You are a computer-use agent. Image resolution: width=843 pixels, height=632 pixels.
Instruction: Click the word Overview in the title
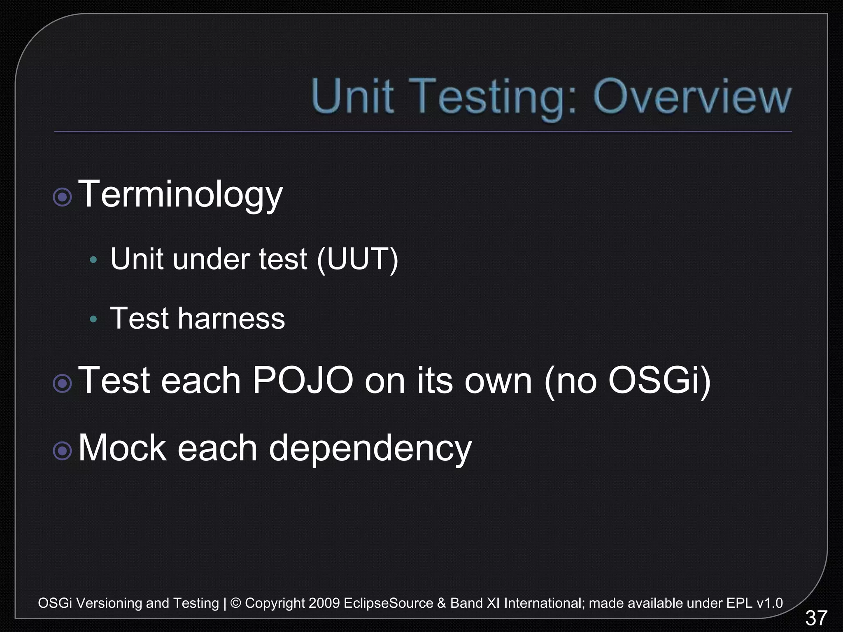[692, 97]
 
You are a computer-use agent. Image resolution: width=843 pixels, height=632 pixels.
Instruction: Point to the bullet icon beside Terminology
[63, 197]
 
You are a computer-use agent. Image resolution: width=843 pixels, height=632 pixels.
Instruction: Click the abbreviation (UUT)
[357, 259]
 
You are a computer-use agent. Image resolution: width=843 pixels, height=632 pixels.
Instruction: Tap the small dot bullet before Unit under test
[93, 260]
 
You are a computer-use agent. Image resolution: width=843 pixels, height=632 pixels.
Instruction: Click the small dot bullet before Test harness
[93, 319]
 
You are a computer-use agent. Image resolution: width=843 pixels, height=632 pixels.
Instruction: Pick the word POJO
[303, 381]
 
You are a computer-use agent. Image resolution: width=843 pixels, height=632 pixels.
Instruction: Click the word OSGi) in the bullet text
[659, 381]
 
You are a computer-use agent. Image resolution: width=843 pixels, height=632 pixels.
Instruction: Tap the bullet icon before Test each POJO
[63, 383]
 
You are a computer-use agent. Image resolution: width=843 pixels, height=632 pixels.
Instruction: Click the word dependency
[370, 449]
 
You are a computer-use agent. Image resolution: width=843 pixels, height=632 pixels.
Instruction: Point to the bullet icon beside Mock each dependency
[63, 451]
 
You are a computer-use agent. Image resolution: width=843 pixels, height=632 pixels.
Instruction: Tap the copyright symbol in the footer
[236, 603]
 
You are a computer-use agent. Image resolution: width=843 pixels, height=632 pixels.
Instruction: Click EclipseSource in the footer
[388, 603]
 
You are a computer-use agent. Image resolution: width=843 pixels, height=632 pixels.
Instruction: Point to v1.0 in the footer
[770, 603]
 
